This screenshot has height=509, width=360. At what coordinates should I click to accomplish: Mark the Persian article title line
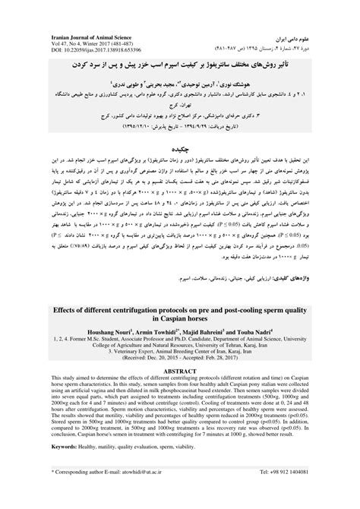[x=180, y=57]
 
